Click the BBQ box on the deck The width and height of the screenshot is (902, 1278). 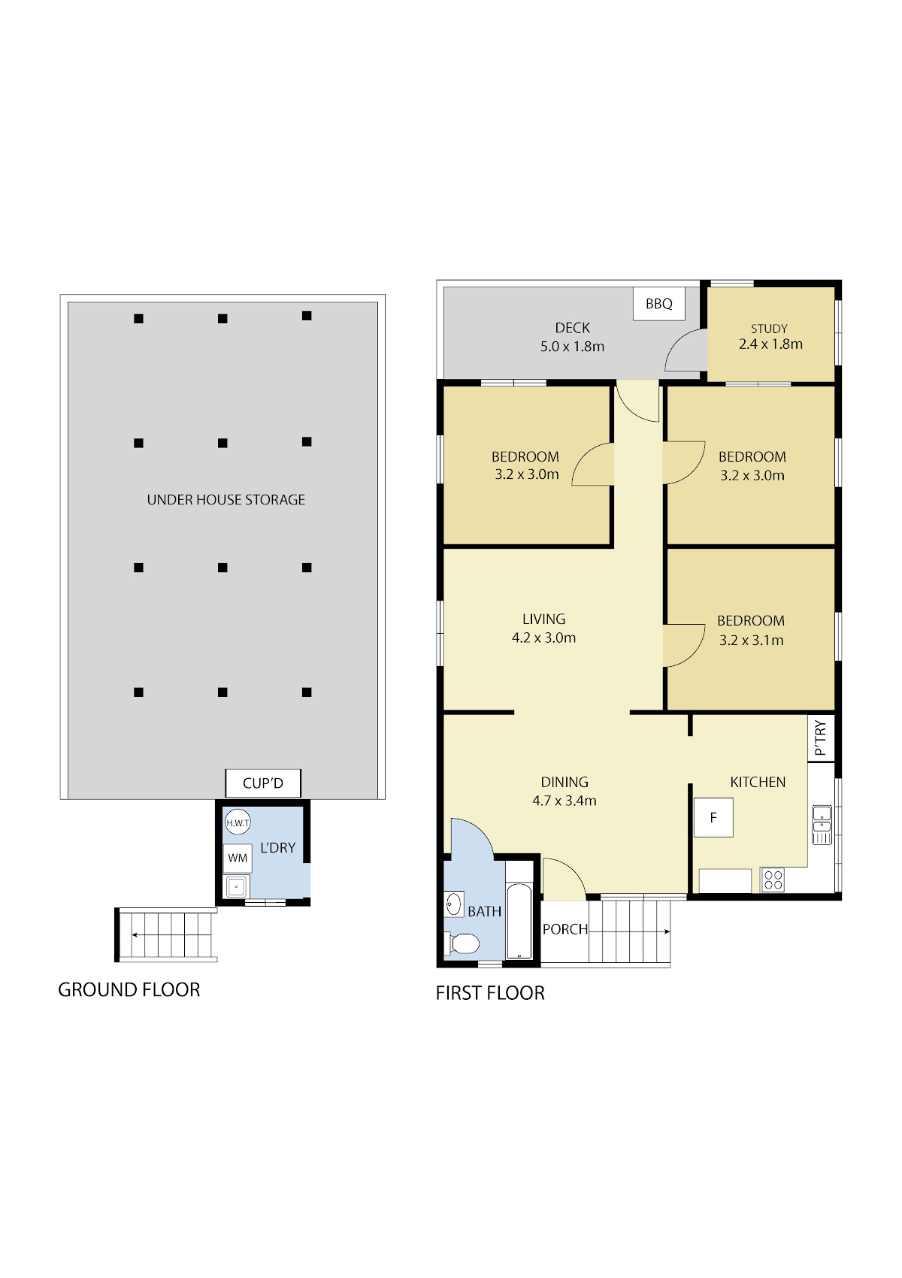[658, 304]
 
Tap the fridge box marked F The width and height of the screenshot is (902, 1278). [713, 818]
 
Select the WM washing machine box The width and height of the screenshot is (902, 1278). [238, 858]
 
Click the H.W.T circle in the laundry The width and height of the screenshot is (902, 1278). [238, 822]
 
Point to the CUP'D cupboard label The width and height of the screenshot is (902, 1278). [263, 783]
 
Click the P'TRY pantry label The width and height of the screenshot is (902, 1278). [820, 737]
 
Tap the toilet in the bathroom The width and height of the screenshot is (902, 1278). [463, 943]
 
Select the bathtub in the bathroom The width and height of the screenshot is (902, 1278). [519, 921]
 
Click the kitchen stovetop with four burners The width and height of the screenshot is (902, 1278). [773, 880]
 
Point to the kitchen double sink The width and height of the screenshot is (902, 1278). [822, 825]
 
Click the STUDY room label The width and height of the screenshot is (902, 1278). [769, 329]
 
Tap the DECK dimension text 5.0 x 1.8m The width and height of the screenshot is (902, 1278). [572, 347]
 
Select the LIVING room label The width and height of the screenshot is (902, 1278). [543, 619]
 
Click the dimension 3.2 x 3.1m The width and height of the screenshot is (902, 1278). [752, 641]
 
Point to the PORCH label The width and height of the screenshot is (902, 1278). [565, 929]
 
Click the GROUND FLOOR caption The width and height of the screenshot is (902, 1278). [129, 990]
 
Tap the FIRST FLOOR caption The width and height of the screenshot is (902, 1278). [490, 993]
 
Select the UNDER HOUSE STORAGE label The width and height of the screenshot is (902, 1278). [226, 500]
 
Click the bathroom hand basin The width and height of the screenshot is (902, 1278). [454, 905]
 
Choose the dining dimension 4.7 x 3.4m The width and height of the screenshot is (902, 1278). [565, 801]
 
